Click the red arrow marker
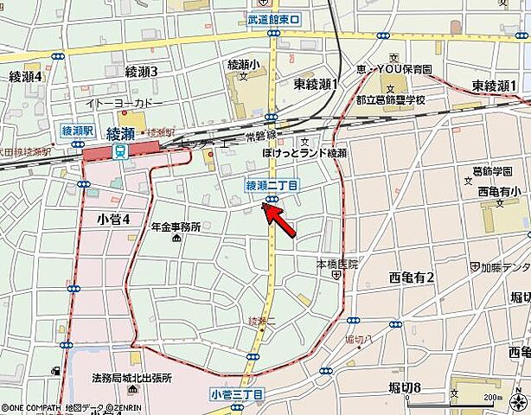284,220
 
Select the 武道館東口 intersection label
272,19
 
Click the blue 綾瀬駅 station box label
77,131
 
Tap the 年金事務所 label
176,227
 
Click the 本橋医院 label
336,263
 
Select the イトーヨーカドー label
124,103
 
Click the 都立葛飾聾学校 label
392,100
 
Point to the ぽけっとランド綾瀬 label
304,153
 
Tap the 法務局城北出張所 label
131,378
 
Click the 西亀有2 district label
412,277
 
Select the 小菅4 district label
112,220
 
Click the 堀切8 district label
406,387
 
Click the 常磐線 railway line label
259,136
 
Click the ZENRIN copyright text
117,408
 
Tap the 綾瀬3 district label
141,72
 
